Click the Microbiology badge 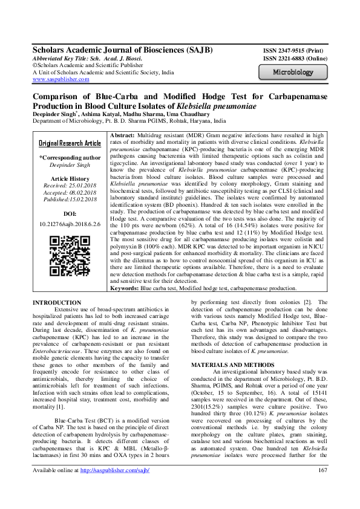pos(293,73)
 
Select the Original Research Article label pos(70,143)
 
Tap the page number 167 pos(322,488)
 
